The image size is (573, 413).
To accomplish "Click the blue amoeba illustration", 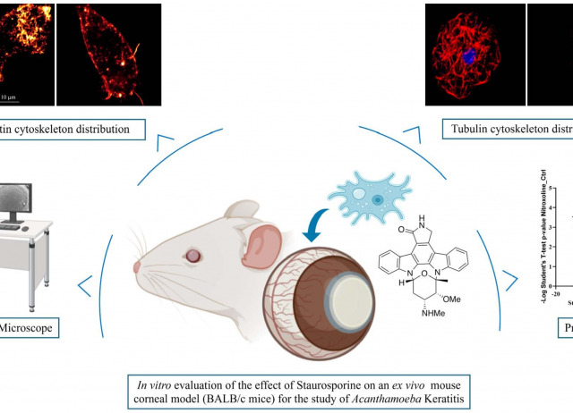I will (x=355, y=196).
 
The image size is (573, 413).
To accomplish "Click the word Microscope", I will (x=27, y=330).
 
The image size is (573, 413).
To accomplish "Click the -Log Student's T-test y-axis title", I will (x=534, y=236).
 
